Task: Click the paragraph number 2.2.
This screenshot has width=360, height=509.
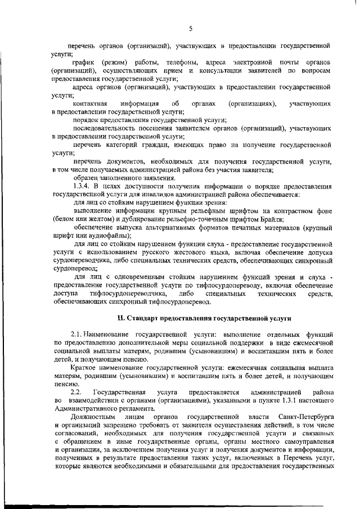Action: click(76, 391)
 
